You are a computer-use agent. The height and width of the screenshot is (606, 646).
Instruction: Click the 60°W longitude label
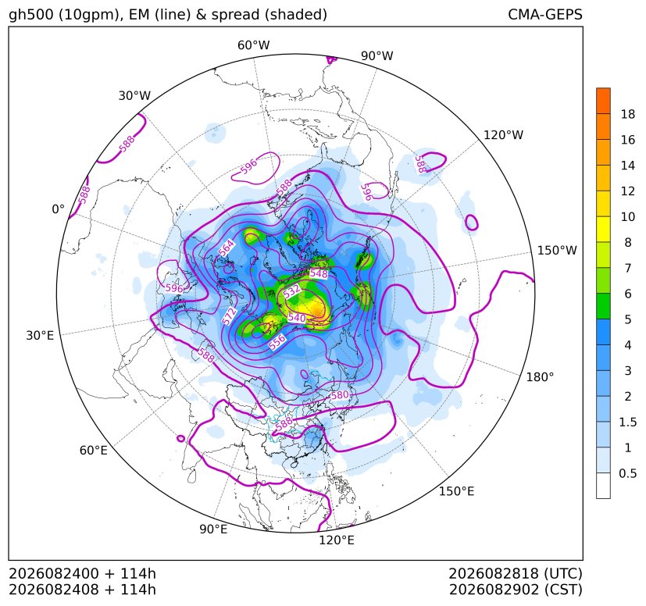pyautogui.click(x=253, y=45)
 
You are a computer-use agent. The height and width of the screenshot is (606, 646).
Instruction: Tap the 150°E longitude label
pyautogui.click(x=456, y=491)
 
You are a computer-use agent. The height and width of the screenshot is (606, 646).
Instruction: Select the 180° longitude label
pyautogui.click(x=540, y=377)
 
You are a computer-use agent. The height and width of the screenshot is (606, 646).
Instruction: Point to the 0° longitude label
pyautogui.click(x=58, y=209)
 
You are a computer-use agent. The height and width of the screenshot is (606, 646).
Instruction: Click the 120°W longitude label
pyautogui.click(x=503, y=135)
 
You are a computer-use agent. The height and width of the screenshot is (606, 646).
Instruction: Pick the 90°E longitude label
pyautogui.click(x=213, y=529)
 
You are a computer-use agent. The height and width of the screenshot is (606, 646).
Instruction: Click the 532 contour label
pyautogui.click(x=291, y=291)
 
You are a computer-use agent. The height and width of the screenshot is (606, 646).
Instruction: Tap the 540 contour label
pyautogui.click(x=297, y=318)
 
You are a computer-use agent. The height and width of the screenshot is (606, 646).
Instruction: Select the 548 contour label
pyautogui.click(x=319, y=273)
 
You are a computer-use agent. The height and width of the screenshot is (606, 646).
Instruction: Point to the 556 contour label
pyautogui.click(x=277, y=342)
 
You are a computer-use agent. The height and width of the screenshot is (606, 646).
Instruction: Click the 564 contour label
pyautogui.click(x=227, y=248)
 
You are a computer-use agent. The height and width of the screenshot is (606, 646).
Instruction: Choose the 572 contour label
pyautogui.click(x=230, y=316)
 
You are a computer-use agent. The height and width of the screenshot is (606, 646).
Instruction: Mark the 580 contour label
pyautogui.click(x=340, y=395)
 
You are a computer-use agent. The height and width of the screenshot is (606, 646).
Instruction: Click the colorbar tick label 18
pyautogui.click(x=628, y=114)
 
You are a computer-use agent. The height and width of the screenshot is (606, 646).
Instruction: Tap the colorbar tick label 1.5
pyautogui.click(x=627, y=422)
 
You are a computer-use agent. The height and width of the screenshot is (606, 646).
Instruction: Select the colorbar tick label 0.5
pyautogui.click(x=627, y=473)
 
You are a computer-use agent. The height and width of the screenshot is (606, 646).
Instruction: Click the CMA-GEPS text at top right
pyautogui.click(x=545, y=14)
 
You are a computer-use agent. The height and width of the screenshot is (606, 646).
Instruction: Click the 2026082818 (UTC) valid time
pyautogui.click(x=516, y=573)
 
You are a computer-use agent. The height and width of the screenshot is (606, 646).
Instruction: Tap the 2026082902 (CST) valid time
pyautogui.click(x=516, y=590)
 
